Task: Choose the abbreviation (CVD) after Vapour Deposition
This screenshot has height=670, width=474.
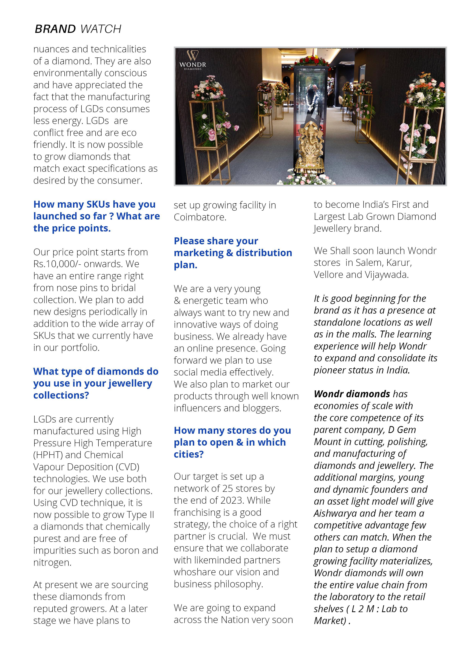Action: [x=128, y=467]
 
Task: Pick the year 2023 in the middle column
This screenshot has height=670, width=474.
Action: [x=232, y=500]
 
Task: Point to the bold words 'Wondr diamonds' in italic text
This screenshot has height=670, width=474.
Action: [x=352, y=394]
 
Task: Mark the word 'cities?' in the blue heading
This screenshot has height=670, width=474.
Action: [x=188, y=454]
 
